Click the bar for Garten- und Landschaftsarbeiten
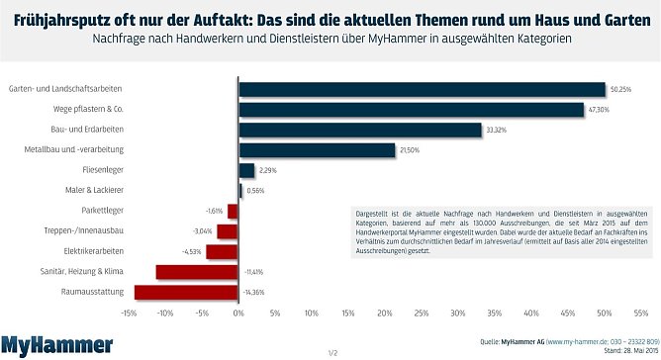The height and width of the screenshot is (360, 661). pyautogui.click(x=422, y=89)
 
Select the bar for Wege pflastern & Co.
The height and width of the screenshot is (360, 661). pyautogui.click(x=411, y=110)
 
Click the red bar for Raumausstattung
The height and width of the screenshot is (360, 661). pyautogui.click(x=186, y=292)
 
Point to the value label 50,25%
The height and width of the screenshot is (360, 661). pyautogui.click(x=621, y=89)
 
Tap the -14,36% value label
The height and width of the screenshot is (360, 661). pyautogui.click(x=254, y=293)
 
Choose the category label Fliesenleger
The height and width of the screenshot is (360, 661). pyautogui.click(x=102, y=170)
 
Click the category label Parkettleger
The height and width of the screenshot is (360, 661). pyautogui.click(x=103, y=211)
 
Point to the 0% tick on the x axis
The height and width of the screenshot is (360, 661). pyautogui.click(x=238, y=313)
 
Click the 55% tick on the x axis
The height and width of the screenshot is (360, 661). pyautogui.click(x=640, y=313)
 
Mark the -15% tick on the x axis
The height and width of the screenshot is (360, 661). pyautogui.click(x=129, y=313)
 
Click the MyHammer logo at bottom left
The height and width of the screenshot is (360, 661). pyautogui.click(x=56, y=344)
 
